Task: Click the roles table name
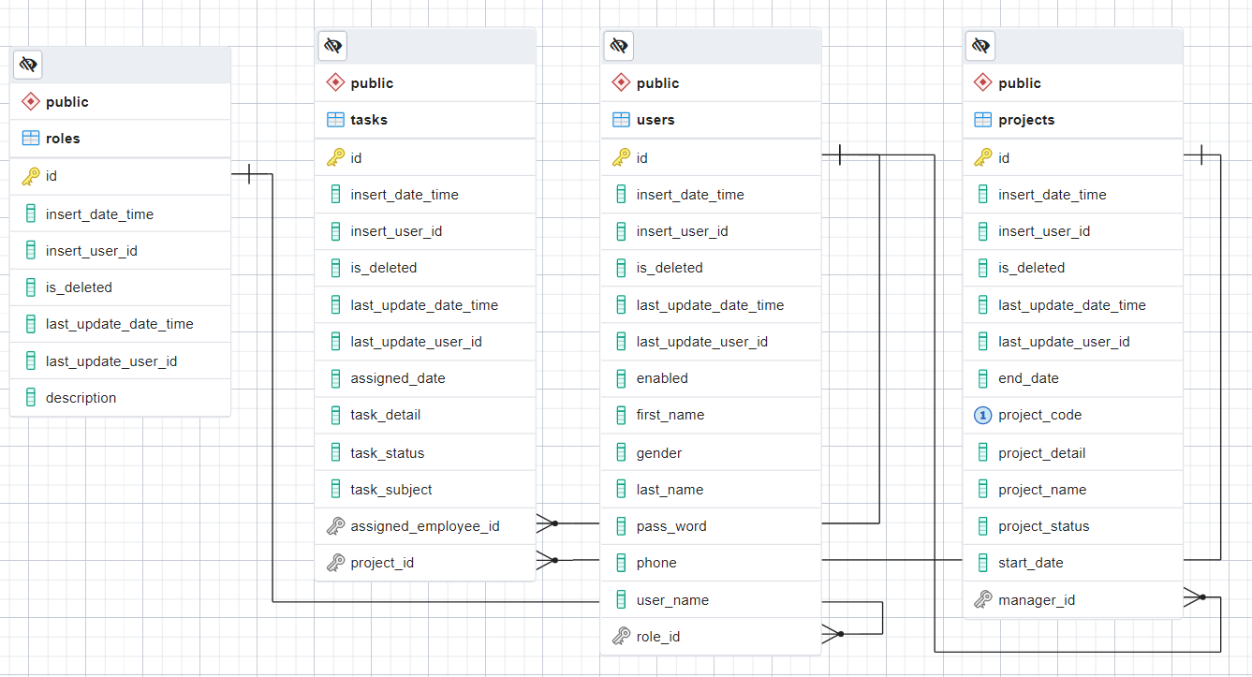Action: click(x=63, y=138)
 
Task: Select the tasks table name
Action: click(x=369, y=120)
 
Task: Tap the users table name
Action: click(x=655, y=120)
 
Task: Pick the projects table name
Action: click(x=1026, y=120)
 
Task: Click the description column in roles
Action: click(x=81, y=397)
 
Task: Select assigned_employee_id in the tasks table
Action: click(x=425, y=526)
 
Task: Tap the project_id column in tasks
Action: click(x=382, y=563)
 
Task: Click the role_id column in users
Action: click(x=658, y=636)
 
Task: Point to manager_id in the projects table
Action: click(x=1037, y=600)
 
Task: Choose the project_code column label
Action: click(x=1039, y=415)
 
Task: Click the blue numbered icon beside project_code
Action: click(x=982, y=416)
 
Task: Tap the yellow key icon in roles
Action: click(x=31, y=176)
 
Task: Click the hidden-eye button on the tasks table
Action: click(x=332, y=45)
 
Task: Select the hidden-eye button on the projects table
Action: click(x=980, y=45)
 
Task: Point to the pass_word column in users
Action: click(x=671, y=526)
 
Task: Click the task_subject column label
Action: click(x=391, y=489)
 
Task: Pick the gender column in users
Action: click(x=659, y=453)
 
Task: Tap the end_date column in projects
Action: click(x=1028, y=378)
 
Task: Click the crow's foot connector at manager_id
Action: click(x=1195, y=597)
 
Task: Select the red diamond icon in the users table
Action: click(x=621, y=82)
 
